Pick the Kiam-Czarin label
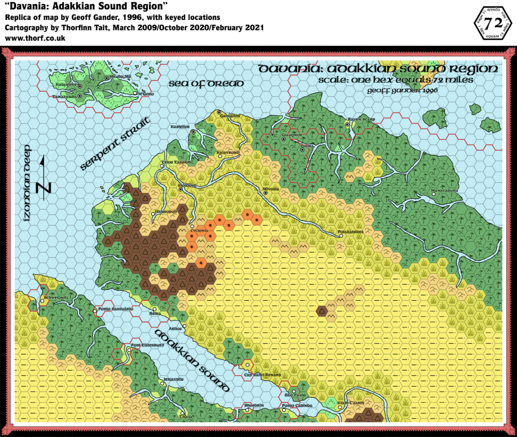(350, 403)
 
